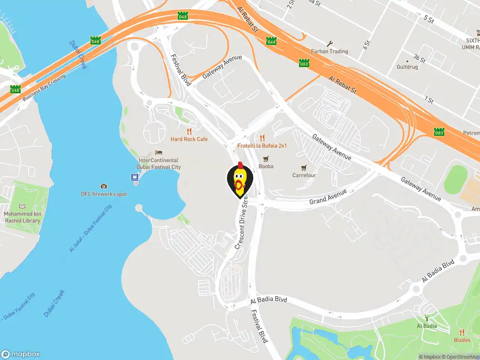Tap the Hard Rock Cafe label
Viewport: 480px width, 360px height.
coord(189,139)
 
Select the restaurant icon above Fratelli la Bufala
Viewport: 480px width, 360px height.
coord(262,138)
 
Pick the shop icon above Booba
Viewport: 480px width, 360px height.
coord(266,158)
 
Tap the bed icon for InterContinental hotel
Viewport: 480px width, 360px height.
coord(158,153)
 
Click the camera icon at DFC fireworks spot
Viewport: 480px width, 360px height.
coord(104,186)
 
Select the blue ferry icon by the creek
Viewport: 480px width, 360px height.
coord(135,178)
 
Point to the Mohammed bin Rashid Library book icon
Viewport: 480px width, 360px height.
coord(22,206)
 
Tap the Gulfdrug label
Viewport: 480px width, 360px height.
coord(407,67)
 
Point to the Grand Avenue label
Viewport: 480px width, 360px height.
coord(328,197)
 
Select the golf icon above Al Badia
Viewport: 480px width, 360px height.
coord(427,318)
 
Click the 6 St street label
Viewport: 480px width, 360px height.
coord(367,45)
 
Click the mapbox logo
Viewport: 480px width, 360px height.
coord(21,354)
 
